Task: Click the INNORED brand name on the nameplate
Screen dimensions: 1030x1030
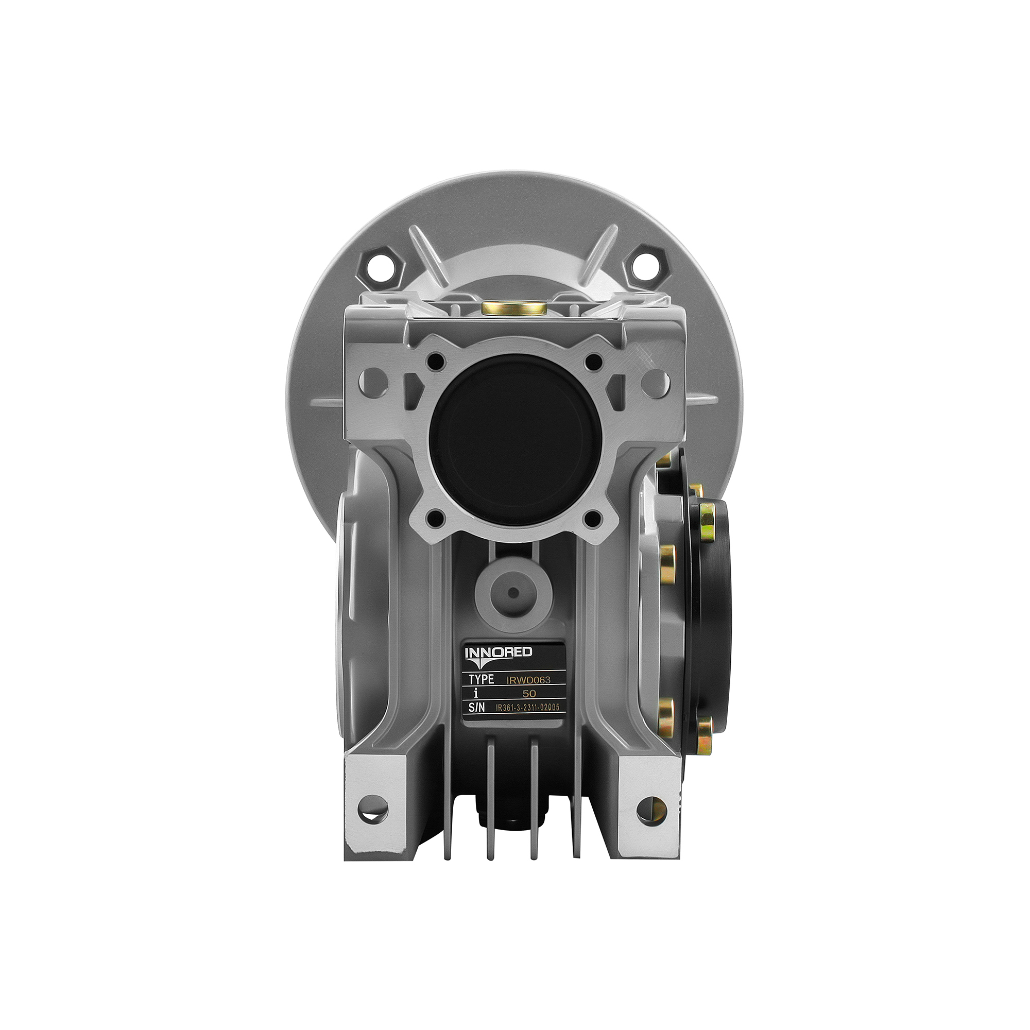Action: (499, 653)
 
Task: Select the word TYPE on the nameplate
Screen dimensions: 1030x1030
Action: (481, 680)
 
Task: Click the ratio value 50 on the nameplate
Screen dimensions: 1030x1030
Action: (529, 694)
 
